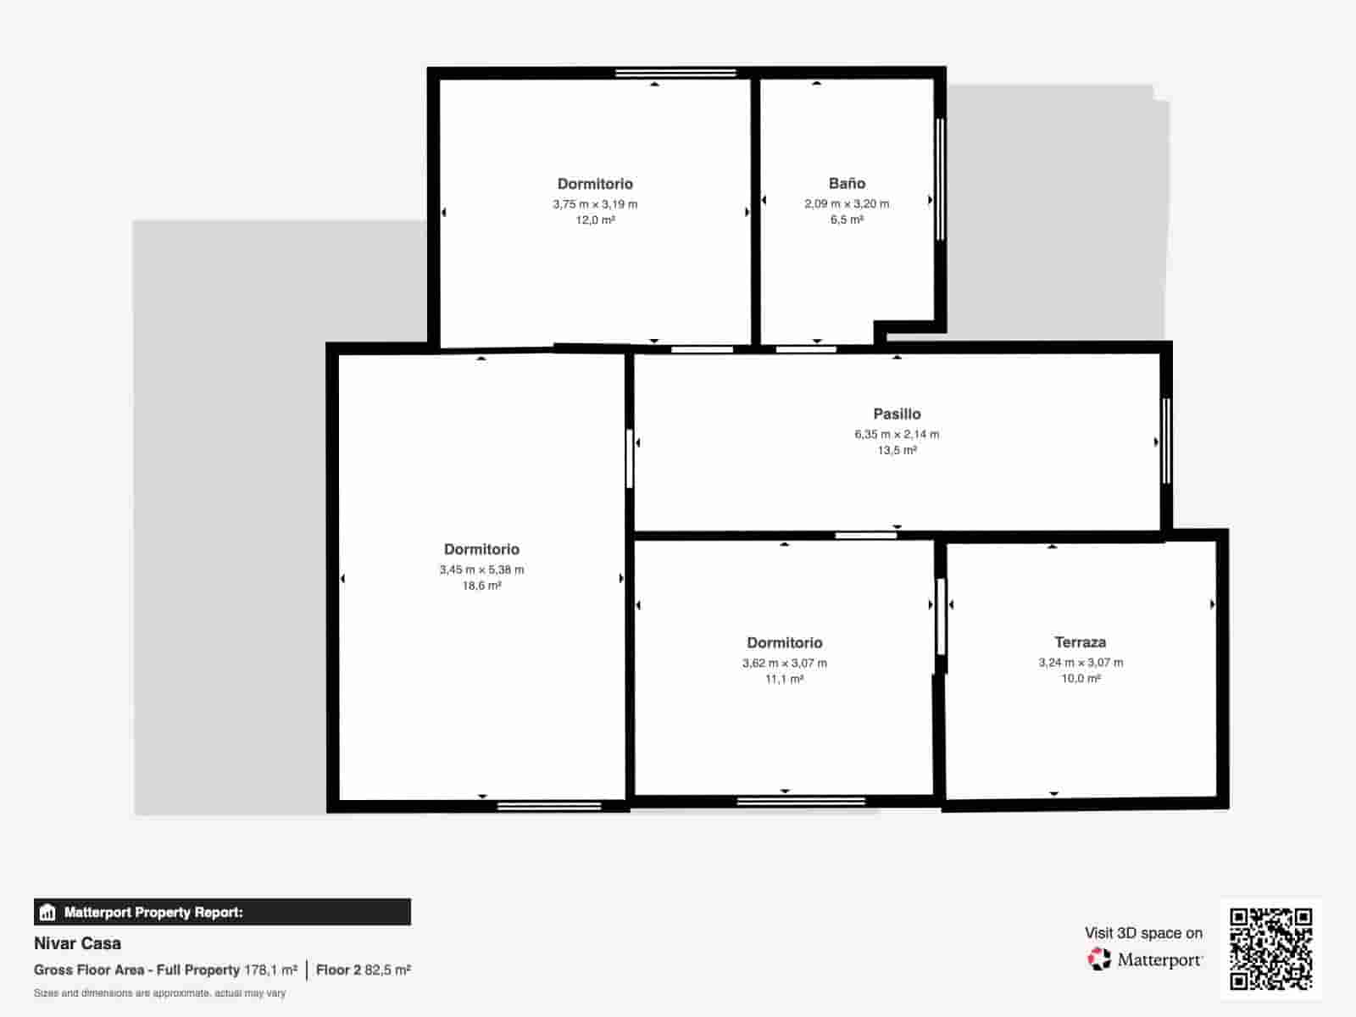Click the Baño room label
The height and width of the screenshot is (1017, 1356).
(847, 183)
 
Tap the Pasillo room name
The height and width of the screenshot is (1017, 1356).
(897, 414)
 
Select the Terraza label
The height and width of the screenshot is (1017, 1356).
(1080, 642)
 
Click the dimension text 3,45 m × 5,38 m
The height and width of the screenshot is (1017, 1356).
(481, 570)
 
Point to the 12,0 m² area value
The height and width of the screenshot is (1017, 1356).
(595, 220)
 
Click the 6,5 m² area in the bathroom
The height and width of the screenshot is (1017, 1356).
(847, 220)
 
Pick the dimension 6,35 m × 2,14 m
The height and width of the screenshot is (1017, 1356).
(897, 434)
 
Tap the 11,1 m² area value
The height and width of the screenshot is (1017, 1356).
(784, 679)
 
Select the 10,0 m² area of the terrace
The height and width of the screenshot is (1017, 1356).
(1081, 679)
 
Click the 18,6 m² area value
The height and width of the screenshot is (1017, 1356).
(481, 586)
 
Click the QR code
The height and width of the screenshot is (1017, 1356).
(1270, 948)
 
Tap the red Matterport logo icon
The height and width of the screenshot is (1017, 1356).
(1098, 959)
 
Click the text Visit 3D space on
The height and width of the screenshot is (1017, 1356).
(1143, 933)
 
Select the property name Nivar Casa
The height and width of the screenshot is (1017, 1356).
(77, 943)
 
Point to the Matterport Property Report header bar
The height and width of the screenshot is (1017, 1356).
(222, 912)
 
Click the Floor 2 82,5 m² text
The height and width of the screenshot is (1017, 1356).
(364, 970)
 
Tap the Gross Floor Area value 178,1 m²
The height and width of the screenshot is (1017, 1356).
(270, 970)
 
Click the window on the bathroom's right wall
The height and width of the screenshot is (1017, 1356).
(940, 179)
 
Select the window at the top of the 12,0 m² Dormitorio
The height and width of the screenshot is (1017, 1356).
(675, 73)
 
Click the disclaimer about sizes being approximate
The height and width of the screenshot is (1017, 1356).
(159, 993)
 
